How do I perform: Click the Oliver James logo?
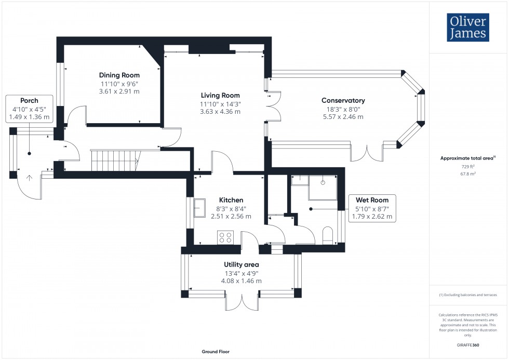click(467, 28)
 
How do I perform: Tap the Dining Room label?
click(120, 75)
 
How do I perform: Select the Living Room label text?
click(221, 95)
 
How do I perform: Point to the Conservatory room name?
click(343, 100)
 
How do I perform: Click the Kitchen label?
click(231, 200)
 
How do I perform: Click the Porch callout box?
click(29, 109)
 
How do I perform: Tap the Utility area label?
click(242, 264)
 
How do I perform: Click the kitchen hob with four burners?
click(225, 237)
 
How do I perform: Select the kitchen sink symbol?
click(200, 208)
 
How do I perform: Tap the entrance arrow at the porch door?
click(29, 178)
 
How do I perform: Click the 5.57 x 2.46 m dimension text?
click(343, 117)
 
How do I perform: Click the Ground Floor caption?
click(216, 352)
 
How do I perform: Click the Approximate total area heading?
click(467, 158)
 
